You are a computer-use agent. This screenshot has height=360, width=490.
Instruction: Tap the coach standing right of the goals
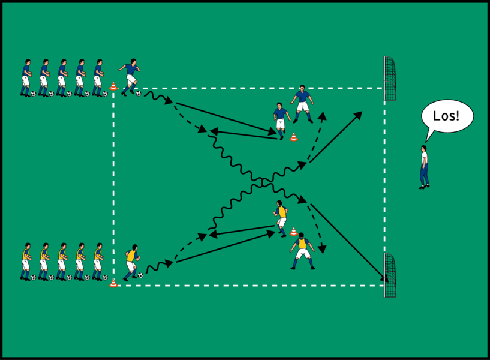click(x=424, y=166)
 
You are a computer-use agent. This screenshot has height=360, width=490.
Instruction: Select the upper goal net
click(x=390, y=79)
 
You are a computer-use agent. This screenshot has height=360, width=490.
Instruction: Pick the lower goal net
click(x=390, y=275)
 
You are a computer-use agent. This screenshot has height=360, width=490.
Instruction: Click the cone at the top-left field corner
click(x=113, y=86)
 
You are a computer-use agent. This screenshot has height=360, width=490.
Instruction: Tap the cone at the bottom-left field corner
click(x=113, y=283)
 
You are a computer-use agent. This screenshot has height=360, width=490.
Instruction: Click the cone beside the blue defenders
click(x=293, y=137)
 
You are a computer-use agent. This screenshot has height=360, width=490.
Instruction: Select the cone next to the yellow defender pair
click(x=293, y=231)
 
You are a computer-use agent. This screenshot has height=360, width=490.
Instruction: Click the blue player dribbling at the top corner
click(x=130, y=77)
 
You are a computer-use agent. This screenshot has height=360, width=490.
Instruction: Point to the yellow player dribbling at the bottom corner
click(x=131, y=262)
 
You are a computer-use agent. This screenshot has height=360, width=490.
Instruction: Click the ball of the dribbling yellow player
click(x=140, y=275)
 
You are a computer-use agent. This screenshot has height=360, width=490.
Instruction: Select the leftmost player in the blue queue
click(x=26, y=77)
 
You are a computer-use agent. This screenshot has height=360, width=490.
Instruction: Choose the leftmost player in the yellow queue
click(x=26, y=262)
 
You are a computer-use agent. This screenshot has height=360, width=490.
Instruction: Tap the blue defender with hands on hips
click(x=302, y=103)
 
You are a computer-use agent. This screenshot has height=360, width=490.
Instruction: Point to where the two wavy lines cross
click(x=263, y=180)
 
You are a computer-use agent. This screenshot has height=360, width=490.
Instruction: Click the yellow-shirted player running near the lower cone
click(x=281, y=218)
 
